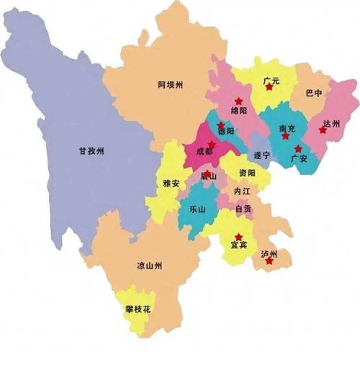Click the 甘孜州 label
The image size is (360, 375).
pos(91,151)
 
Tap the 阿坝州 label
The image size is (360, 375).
pos(170,85)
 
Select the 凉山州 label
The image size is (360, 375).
pos(149,266)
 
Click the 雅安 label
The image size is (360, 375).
pos(172,184)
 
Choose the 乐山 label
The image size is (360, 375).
pos(197,209)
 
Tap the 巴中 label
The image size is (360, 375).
pos(314,94)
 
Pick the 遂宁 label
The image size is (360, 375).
pos(262,155)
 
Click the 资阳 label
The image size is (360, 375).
pos(247,173)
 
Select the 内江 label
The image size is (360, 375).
pos(242,191)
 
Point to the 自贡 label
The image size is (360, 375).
pos(243,209)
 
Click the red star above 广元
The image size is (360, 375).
pos(269,87)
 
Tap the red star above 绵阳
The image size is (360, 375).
pos(238,101)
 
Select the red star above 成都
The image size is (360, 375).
pos(212,145)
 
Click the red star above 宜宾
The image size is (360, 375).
pos(238,236)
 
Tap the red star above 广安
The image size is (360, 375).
pos(298,148)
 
